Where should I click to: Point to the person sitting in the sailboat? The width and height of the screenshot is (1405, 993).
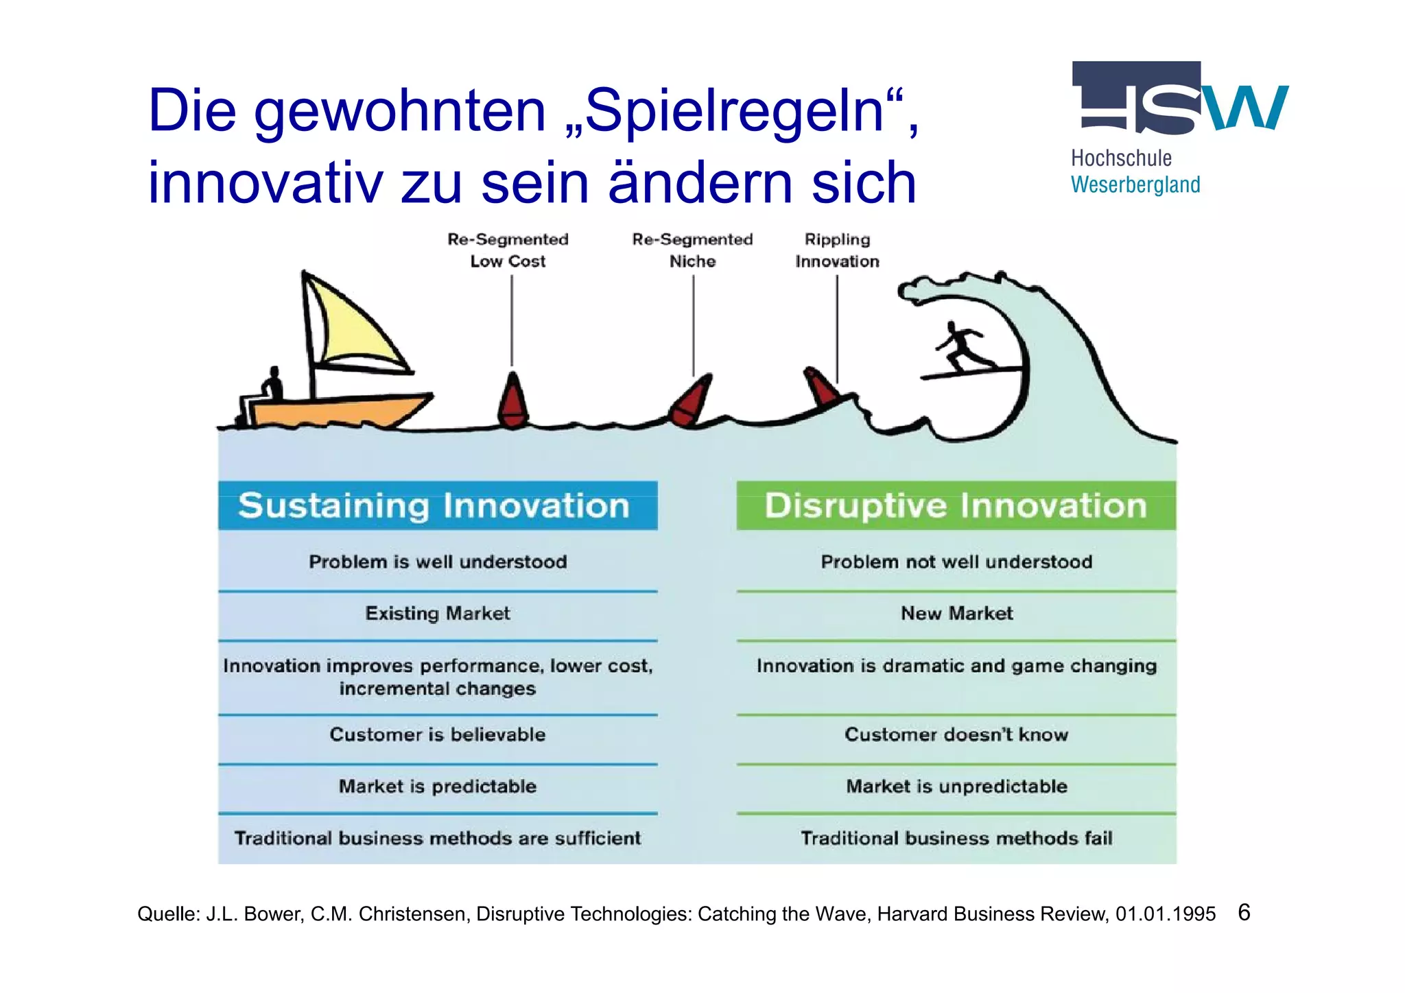coord(272,385)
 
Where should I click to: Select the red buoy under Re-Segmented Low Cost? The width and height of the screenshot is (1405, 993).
coord(512,402)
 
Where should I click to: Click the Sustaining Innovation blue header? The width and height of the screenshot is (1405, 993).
coord(438,506)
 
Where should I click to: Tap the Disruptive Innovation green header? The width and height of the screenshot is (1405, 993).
coord(956,506)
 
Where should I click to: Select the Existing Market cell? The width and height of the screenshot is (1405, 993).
coord(438,613)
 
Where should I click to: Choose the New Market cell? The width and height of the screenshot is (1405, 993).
coord(956,613)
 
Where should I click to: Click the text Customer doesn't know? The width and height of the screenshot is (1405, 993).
coord(956,734)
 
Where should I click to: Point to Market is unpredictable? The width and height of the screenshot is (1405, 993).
coord(956,786)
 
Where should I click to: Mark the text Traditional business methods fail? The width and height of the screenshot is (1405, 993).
coord(956,838)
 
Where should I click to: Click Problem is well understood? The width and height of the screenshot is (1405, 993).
coord(438,562)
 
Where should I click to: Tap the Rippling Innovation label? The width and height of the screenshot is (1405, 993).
coord(837,250)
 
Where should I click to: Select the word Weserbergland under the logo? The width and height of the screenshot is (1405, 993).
coord(1135,184)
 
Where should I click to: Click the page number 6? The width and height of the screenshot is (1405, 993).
coord(1244,912)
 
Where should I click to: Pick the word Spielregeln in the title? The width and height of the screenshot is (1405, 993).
coord(734,111)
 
